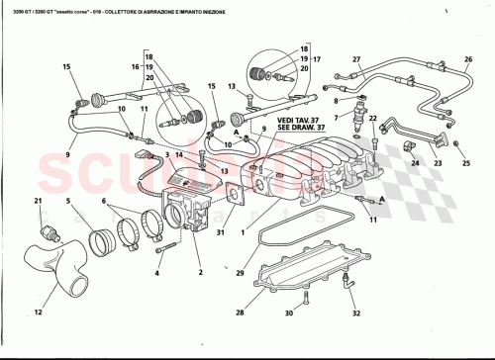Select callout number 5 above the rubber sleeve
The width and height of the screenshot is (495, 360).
pyautogui.click(x=67, y=202)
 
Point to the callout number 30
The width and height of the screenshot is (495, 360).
pyautogui.click(x=289, y=314)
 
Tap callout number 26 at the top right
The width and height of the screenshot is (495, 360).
pyautogui.click(x=467, y=59)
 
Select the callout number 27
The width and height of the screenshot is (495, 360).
pyautogui.click(x=357, y=59)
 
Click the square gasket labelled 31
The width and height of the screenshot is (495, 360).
pyautogui.click(x=234, y=196)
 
